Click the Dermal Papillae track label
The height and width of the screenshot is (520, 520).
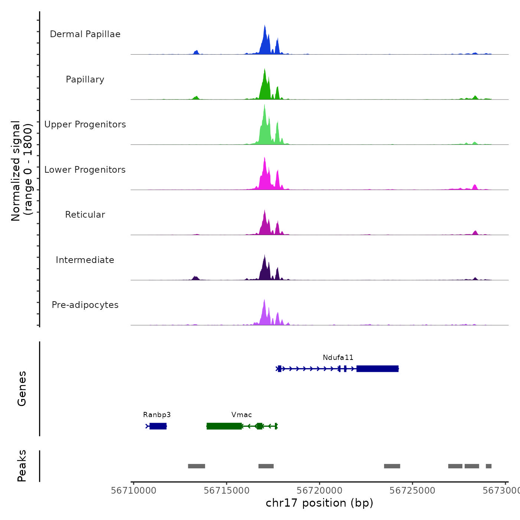point(85,34)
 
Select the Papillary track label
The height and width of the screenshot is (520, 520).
point(85,79)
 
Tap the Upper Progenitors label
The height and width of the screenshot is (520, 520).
point(85,124)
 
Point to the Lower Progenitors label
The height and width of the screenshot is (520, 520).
point(85,170)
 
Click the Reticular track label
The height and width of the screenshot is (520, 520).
point(85,215)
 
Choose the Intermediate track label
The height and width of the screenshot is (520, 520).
point(85,260)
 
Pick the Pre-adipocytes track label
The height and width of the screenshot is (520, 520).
point(85,305)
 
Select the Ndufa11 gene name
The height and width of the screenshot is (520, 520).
point(338,358)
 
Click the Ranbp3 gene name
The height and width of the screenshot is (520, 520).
point(157,415)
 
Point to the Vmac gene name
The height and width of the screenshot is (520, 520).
point(241,415)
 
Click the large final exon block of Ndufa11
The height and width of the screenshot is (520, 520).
point(377,369)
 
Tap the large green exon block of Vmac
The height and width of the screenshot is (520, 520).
point(224,426)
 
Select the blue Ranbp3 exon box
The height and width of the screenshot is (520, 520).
point(158,426)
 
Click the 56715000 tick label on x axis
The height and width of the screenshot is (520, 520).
point(227,491)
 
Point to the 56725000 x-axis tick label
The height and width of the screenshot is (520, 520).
point(412,491)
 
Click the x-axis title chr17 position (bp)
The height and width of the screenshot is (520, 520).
point(319,503)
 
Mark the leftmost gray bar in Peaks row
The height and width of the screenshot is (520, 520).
point(196,466)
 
